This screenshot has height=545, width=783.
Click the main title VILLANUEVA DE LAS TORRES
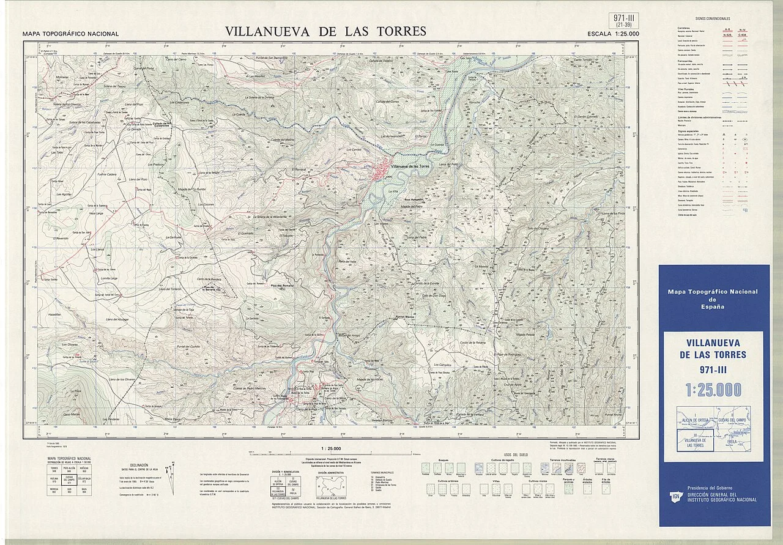point(325,31)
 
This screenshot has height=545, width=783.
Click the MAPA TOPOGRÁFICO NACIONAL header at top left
point(70,34)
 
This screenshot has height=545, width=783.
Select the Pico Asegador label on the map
point(414,199)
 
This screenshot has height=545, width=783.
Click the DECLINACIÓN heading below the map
point(139,465)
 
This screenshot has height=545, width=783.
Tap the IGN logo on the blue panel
point(676,497)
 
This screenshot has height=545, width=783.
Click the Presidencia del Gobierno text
point(713,488)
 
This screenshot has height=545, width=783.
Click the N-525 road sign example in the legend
point(727,35)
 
